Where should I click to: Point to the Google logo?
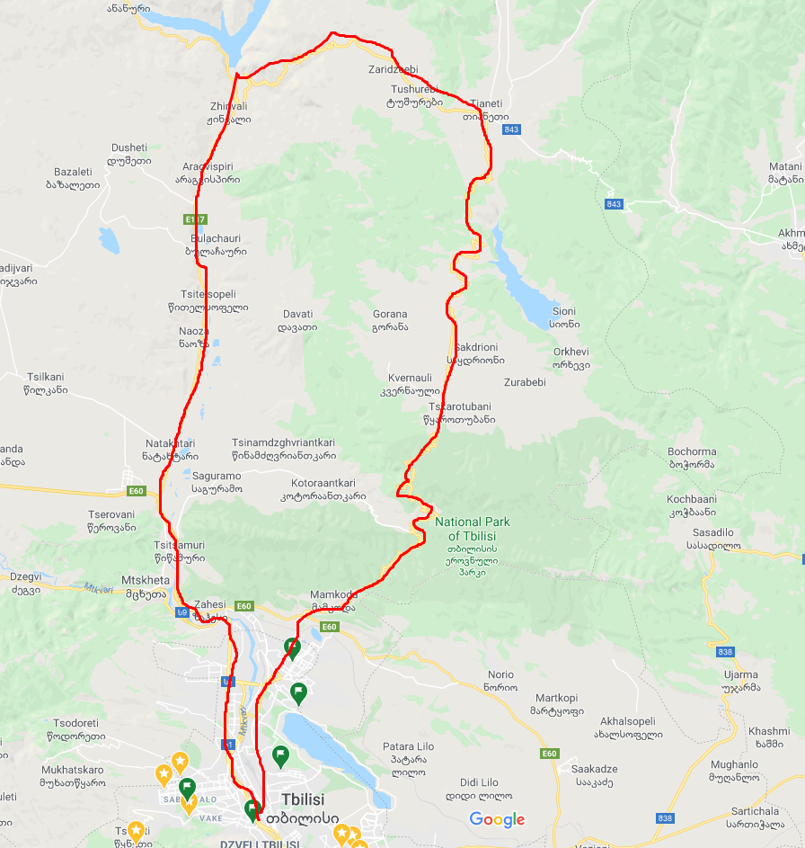coord(497,819)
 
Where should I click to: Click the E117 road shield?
coord(195,219)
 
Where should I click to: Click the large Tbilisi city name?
coord(302,799)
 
